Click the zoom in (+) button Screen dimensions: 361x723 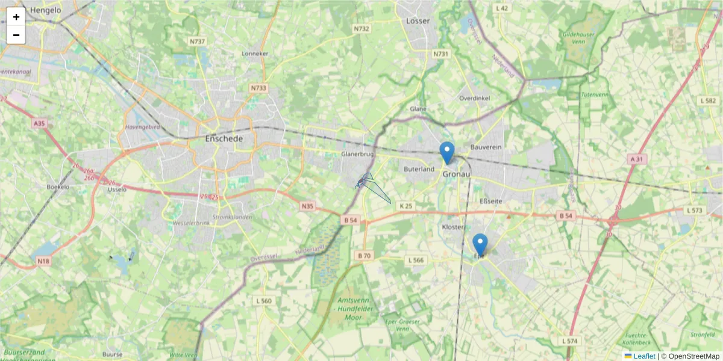click(16, 17)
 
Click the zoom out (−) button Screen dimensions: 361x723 click(16, 35)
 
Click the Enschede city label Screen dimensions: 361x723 click(224, 138)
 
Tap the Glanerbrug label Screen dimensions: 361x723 click(358, 154)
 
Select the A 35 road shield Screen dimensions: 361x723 click(40, 123)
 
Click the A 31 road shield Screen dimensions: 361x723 click(636, 159)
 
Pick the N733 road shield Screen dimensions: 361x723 click(258, 88)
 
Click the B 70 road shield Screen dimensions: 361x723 click(364, 256)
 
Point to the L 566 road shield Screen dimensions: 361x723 click(416, 260)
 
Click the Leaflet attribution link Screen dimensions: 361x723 click(644, 356)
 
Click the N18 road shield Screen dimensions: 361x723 click(43, 261)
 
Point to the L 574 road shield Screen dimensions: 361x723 click(569, 341)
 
